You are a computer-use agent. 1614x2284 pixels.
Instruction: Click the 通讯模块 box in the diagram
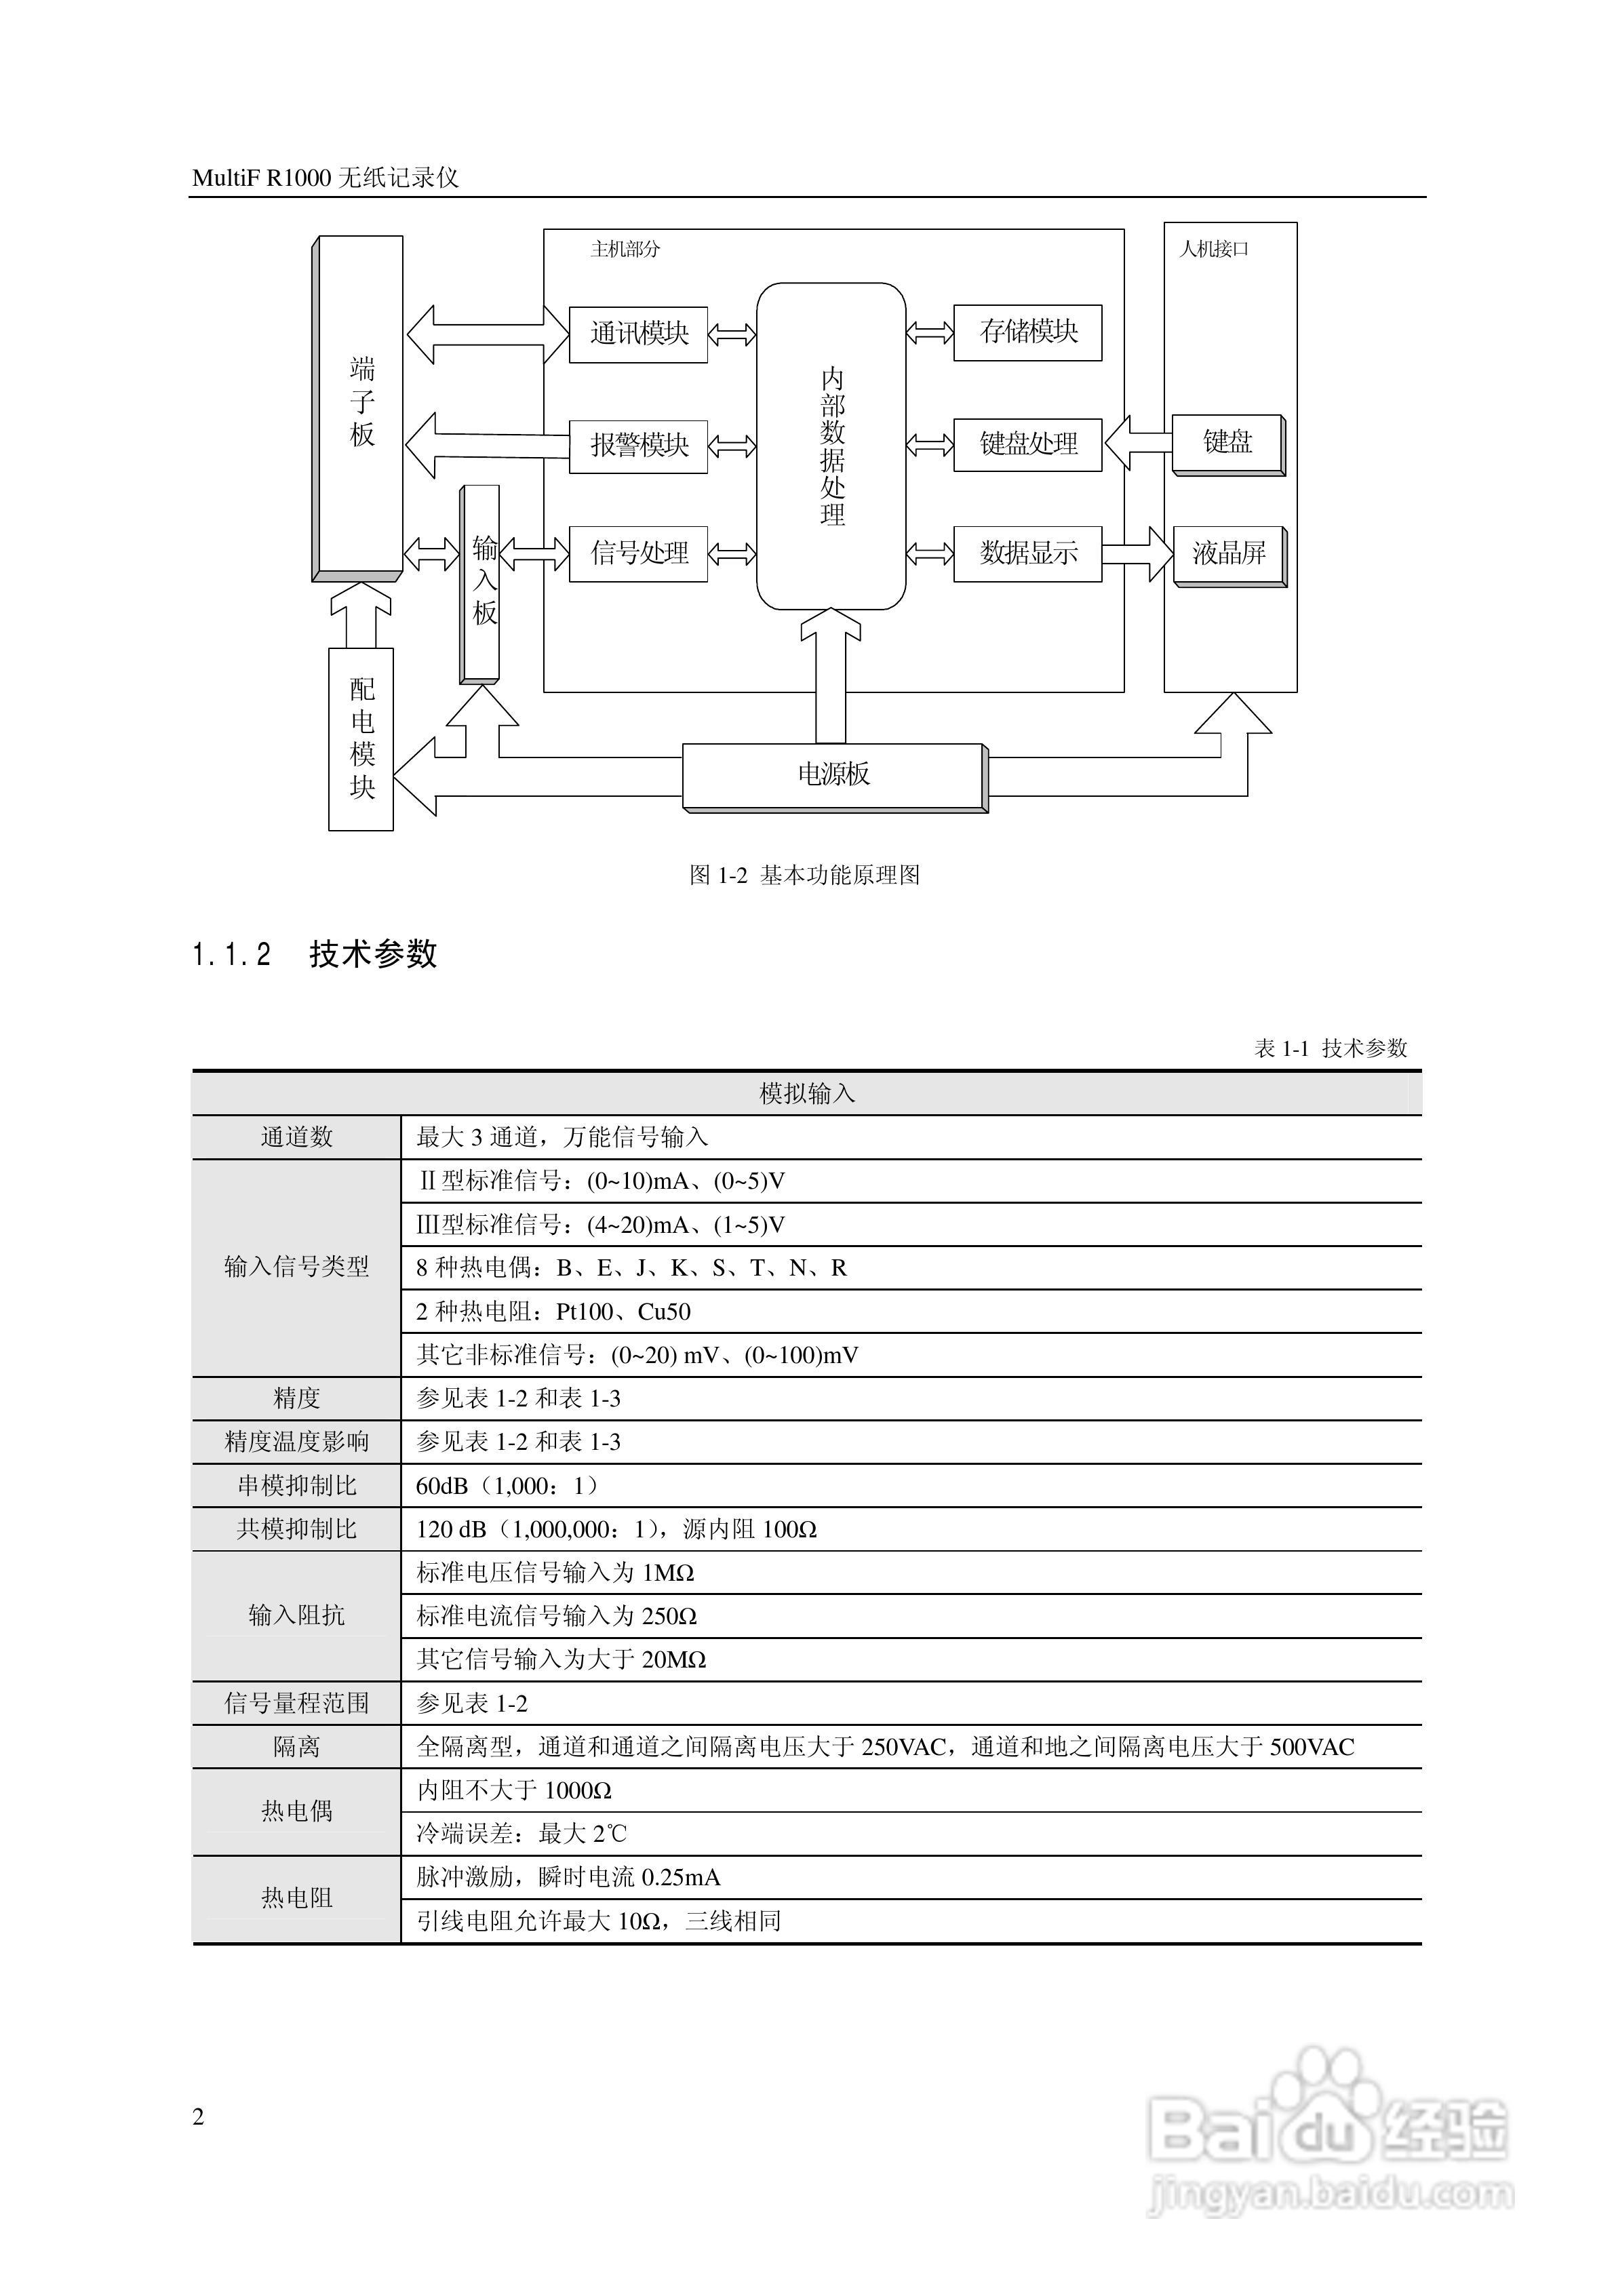click(638, 334)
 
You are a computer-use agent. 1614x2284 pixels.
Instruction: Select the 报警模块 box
click(638, 445)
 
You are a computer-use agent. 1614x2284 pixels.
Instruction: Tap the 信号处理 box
click(638, 553)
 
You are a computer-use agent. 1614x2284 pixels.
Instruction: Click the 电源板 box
click(834, 775)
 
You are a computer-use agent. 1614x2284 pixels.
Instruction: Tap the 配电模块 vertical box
click(361, 739)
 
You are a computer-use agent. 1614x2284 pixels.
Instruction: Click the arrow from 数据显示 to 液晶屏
click(1139, 553)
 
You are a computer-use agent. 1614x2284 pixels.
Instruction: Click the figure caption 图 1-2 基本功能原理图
click(805, 875)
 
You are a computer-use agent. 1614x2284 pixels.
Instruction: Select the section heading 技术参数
click(373, 954)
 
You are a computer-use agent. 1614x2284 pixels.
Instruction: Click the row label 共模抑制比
click(296, 1529)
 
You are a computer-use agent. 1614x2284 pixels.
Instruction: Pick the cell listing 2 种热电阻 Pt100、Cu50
click(553, 1312)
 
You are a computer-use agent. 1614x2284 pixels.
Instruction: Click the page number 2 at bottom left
click(198, 2117)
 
